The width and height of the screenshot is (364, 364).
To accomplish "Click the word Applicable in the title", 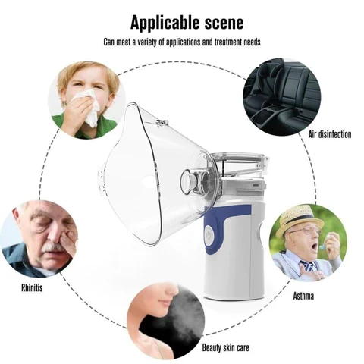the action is (165, 23).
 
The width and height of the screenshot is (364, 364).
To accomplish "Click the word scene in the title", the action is (224, 23).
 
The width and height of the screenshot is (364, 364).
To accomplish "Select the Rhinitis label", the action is (32, 288).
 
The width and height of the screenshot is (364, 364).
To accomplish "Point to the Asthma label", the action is (303, 296).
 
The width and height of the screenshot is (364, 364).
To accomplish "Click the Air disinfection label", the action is (330, 134).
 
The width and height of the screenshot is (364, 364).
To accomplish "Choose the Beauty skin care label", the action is (225, 347).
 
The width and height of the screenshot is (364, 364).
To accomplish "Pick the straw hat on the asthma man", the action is (300, 218).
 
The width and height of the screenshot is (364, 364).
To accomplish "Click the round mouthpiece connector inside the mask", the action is (188, 181).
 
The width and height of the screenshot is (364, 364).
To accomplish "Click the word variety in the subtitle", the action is (148, 42).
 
